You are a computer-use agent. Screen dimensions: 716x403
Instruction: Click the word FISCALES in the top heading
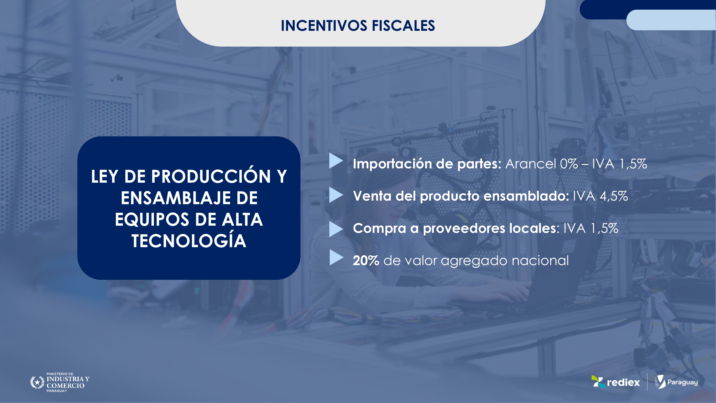pyautogui.click(x=403, y=26)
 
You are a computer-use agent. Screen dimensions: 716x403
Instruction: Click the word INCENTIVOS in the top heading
pyautogui.click(x=324, y=26)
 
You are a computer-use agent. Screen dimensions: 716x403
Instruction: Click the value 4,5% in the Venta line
pyautogui.click(x=614, y=196)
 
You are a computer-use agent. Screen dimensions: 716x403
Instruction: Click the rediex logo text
pyautogui.click(x=623, y=382)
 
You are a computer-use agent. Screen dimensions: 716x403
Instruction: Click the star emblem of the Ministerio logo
pyautogui.click(x=37, y=382)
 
